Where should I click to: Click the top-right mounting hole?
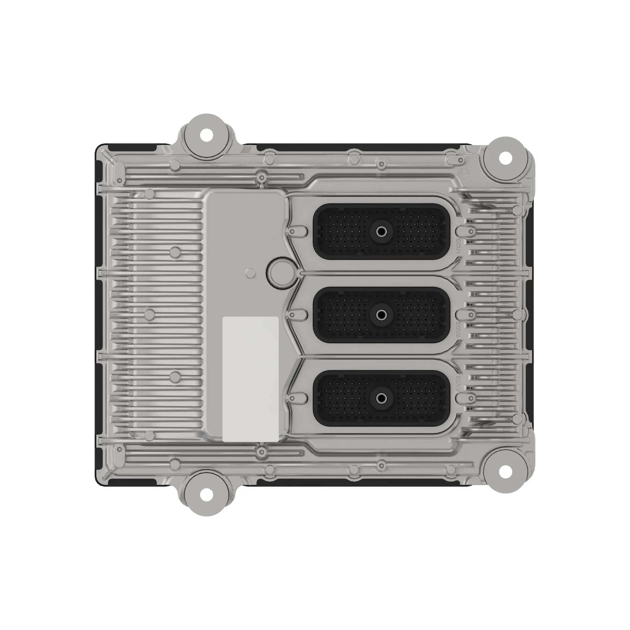click(505, 158)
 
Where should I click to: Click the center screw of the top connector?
click(381, 232)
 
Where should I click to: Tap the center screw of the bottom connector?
click(381, 398)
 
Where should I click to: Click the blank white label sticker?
click(250, 379)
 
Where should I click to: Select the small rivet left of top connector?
click(292, 232)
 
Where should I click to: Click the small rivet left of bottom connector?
click(292, 398)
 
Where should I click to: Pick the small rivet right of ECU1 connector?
click(471, 232)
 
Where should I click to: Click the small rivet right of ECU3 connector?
click(471, 398)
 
